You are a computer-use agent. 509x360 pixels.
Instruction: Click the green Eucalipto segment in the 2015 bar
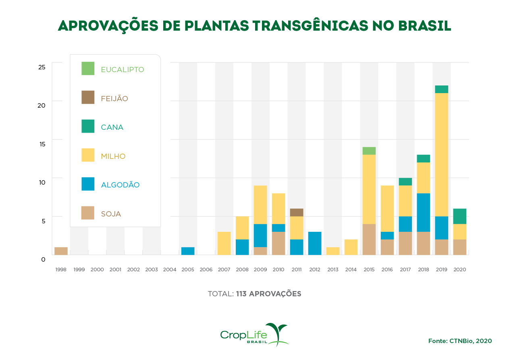click(x=369, y=151)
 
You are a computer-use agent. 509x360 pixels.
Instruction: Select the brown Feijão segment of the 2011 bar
click(x=296, y=212)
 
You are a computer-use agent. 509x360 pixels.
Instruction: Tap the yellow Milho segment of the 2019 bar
click(x=441, y=155)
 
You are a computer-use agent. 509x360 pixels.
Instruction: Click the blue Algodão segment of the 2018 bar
click(x=423, y=212)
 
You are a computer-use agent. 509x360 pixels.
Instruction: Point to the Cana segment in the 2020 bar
click(x=459, y=216)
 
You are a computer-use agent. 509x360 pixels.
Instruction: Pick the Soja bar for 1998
click(x=61, y=251)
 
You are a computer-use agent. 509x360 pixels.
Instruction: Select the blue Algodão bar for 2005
click(x=188, y=251)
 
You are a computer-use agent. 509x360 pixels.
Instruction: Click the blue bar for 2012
click(x=315, y=243)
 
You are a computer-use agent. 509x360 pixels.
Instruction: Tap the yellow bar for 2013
click(x=333, y=251)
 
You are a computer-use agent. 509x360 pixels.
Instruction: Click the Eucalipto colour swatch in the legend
click(x=88, y=69)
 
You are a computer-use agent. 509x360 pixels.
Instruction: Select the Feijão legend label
click(x=114, y=98)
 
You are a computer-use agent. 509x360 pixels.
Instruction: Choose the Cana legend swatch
click(x=88, y=126)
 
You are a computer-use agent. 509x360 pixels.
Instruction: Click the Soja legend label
click(x=111, y=214)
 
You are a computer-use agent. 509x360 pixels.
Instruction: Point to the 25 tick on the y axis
click(x=42, y=67)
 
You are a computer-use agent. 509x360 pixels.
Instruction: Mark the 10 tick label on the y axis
click(x=42, y=182)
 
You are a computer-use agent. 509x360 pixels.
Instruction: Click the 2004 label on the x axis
click(x=170, y=269)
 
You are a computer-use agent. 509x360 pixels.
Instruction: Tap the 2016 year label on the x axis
click(x=387, y=269)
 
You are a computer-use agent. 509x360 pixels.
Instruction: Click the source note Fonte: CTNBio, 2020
click(x=460, y=341)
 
